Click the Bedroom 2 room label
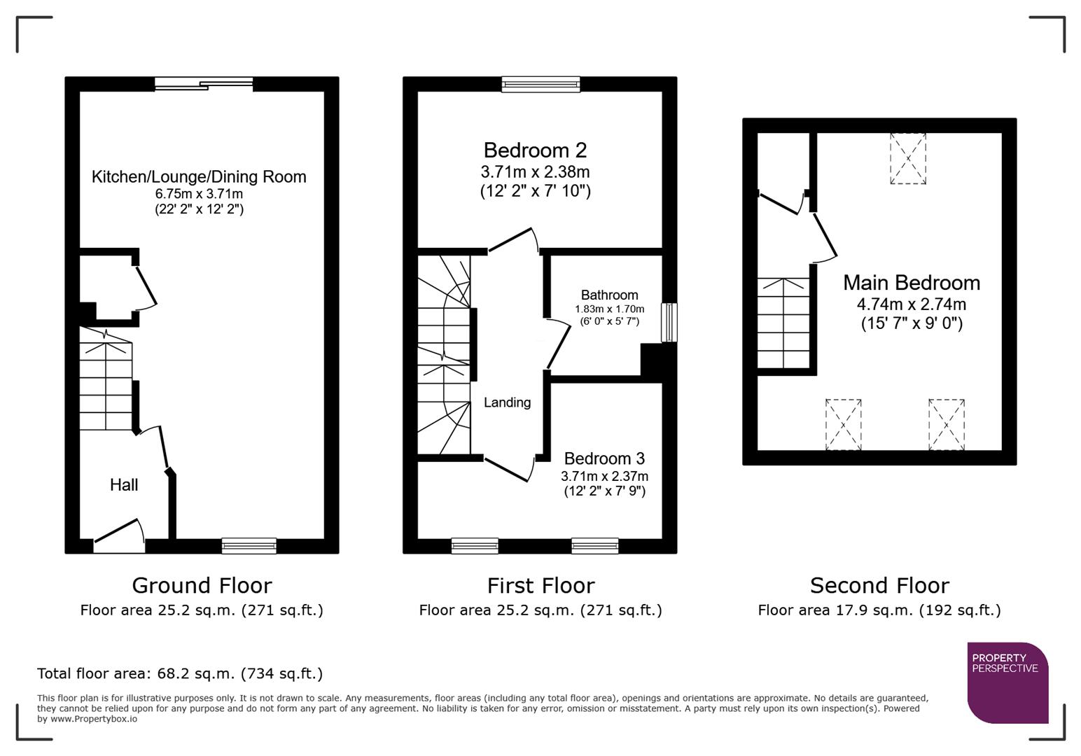(535, 150)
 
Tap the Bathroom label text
(609, 295)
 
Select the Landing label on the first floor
(507, 402)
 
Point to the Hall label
(124, 484)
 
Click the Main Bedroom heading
(911, 283)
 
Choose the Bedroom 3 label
(604, 458)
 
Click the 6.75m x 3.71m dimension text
(199, 194)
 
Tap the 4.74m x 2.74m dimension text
(911, 304)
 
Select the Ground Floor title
(202, 585)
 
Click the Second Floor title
(879, 585)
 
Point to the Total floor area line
(180, 673)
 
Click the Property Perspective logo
(1007, 682)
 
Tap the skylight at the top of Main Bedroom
(907, 159)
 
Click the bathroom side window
(669, 322)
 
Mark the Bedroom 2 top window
(540, 85)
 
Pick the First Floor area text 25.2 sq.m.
(540, 610)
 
